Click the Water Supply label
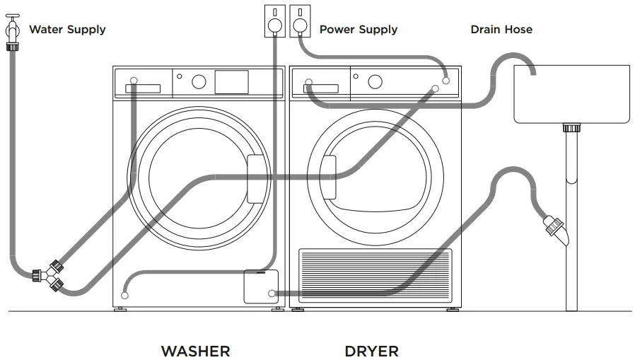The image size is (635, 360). point(67,30)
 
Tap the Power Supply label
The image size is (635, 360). point(358,30)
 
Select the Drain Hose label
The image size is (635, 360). point(501,30)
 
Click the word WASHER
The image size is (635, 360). point(196,351)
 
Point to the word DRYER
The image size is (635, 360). point(371,351)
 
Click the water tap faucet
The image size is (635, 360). point(12,33)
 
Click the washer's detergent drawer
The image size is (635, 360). point(142,88)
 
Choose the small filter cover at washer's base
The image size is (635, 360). point(260,287)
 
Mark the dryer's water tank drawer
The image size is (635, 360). point(319,88)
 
